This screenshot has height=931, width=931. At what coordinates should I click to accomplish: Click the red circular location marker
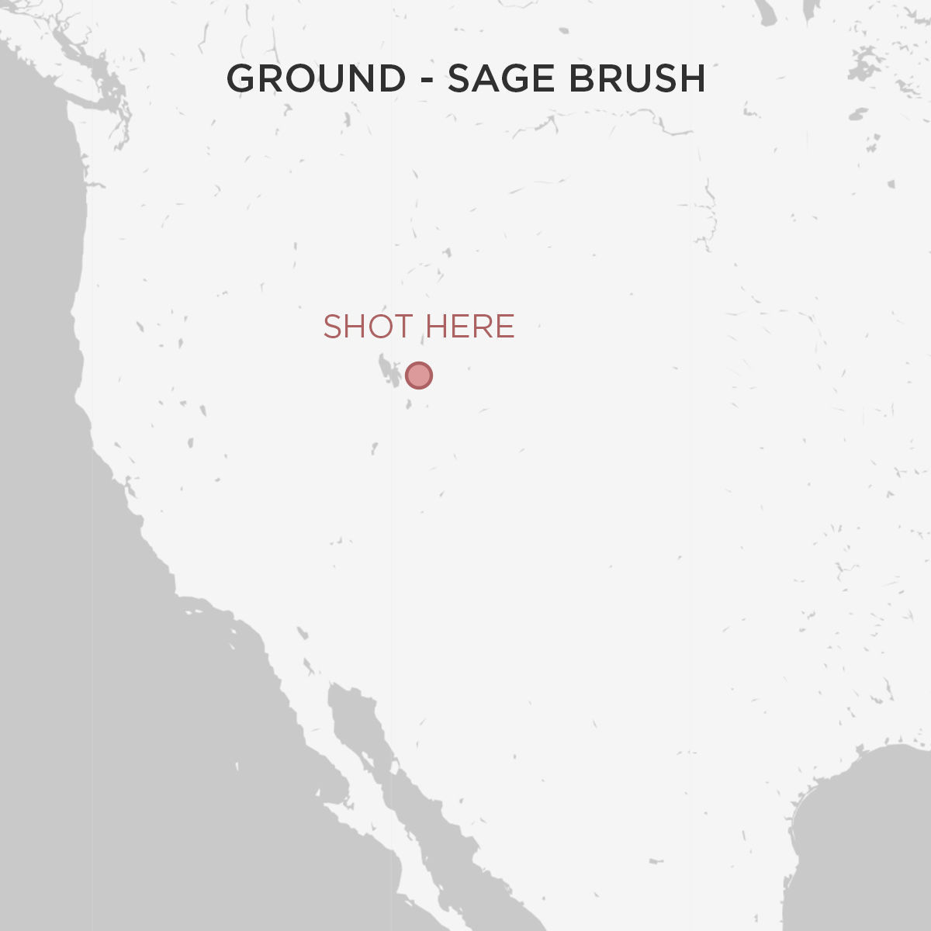click(x=419, y=376)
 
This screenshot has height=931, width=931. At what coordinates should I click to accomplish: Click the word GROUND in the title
click(x=316, y=79)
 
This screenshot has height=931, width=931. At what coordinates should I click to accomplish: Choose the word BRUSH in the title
click(x=637, y=79)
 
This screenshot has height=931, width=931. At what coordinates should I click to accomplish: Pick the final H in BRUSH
click(x=693, y=79)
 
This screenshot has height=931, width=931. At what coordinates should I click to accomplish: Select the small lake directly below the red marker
click(x=410, y=404)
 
